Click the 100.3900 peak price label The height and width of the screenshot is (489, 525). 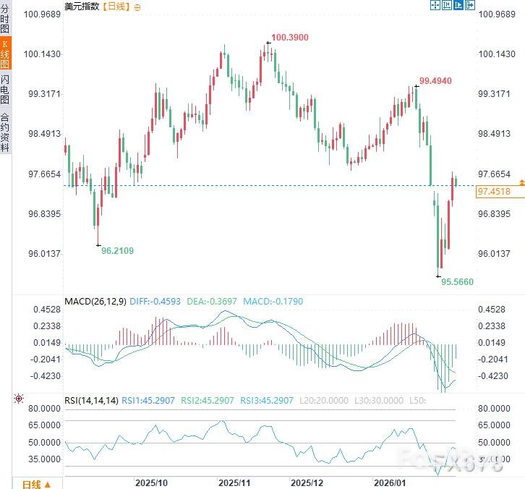[x=289, y=37]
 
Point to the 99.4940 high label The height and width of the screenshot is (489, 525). [x=435, y=81]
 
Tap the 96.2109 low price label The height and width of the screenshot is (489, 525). [x=117, y=250]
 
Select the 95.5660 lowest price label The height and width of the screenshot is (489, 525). [x=458, y=282]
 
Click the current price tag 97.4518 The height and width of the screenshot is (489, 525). [x=494, y=192]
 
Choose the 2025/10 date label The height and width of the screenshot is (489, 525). [x=152, y=481]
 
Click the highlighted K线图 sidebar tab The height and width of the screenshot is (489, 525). [x=5, y=54]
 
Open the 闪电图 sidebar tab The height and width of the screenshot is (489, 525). [x=5, y=90]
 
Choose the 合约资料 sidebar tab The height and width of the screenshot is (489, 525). [x=5, y=132]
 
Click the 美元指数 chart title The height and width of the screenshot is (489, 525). [x=82, y=6]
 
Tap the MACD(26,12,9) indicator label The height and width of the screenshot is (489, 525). [x=95, y=301]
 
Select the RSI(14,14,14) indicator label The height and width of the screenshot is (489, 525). [x=91, y=399]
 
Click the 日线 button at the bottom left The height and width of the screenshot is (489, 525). [x=35, y=483]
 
